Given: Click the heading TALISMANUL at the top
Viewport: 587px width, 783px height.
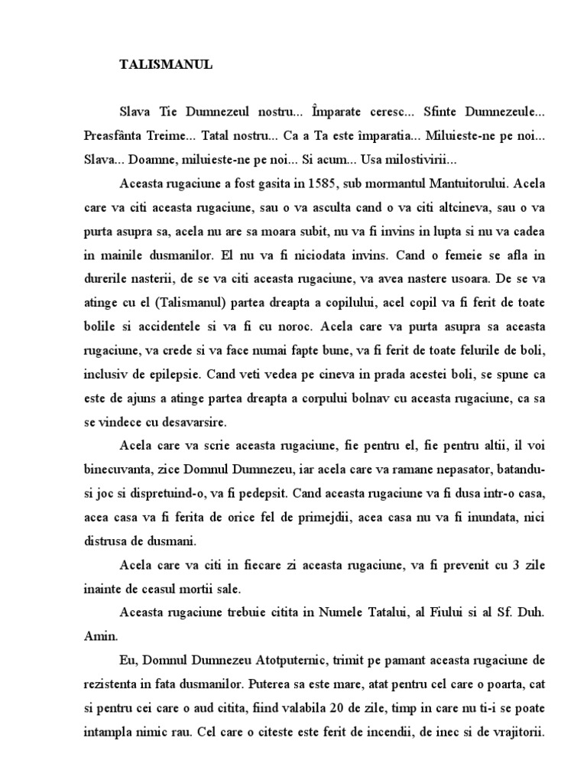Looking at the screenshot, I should tap(166, 65).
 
